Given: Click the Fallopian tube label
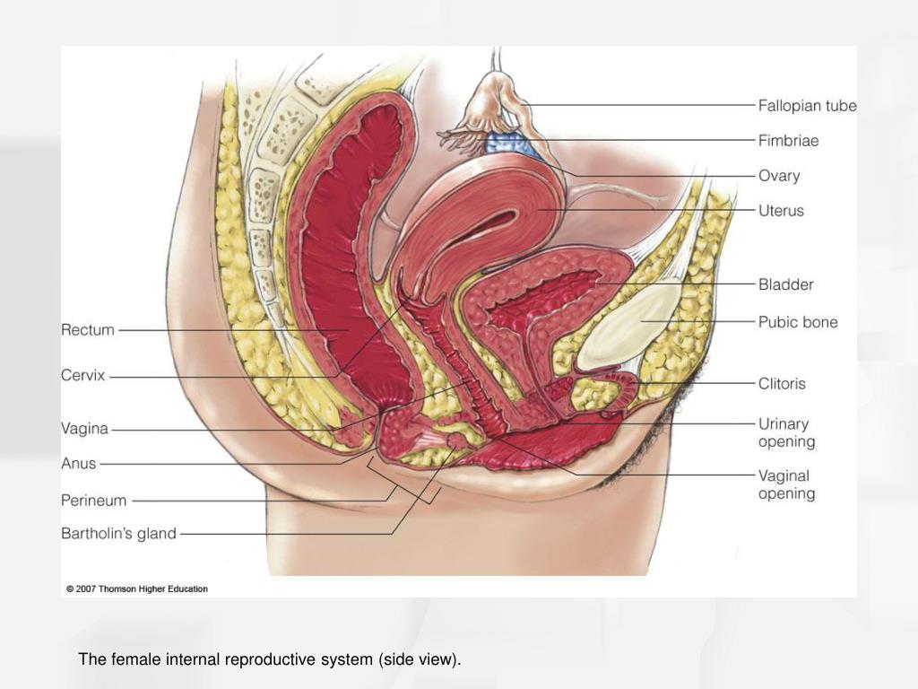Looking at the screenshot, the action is (x=808, y=106).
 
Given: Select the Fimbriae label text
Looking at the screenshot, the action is (x=788, y=141).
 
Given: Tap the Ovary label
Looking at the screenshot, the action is (x=779, y=176).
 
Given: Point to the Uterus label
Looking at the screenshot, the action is (x=781, y=211).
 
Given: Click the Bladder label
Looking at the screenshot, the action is (x=785, y=284).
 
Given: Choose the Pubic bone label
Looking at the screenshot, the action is (x=797, y=322).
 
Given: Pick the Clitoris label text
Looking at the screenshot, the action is (x=782, y=384).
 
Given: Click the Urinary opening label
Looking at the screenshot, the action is (x=786, y=432).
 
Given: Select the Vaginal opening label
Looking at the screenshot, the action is (x=786, y=484).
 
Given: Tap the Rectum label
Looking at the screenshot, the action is (x=88, y=330).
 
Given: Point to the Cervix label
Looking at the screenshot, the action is (x=82, y=375).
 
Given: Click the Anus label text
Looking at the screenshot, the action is (x=79, y=464).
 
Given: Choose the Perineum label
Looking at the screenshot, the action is (x=93, y=501).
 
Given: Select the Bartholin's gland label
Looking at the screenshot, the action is (x=118, y=534).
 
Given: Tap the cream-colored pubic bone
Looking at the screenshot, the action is (x=631, y=324).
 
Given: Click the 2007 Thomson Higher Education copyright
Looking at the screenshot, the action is (x=137, y=589).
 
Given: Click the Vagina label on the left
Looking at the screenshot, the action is (x=84, y=429).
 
